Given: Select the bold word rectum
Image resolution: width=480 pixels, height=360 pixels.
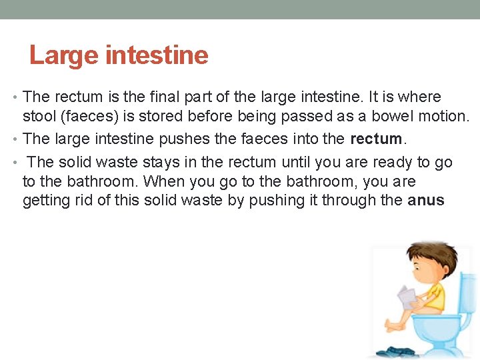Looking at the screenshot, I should [376, 139].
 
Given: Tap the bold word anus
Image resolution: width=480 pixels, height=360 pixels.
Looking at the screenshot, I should [425, 200].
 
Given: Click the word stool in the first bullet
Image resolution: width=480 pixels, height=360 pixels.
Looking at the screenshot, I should [38, 117].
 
